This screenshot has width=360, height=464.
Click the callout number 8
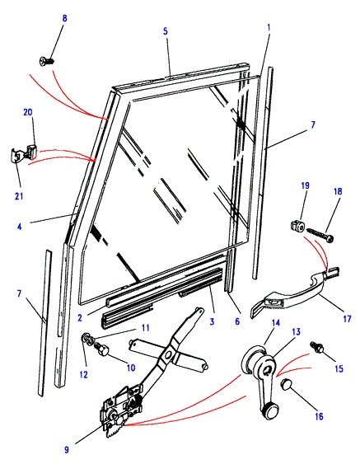(64, 18)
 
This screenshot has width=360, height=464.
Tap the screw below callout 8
(47, 61)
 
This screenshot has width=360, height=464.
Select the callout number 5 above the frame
(166, 31)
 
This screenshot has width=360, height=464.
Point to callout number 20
(28, 112)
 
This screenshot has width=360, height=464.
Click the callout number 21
(19, 196)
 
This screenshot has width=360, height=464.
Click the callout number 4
(20, 227)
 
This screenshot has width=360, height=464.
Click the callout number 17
(347, 318)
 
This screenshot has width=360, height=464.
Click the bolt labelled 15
(317, 347)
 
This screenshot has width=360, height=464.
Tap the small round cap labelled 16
(287, 384)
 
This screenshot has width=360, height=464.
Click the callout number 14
(276, 322)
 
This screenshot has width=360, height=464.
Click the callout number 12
(84, 374)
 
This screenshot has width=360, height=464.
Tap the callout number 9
(67, 450)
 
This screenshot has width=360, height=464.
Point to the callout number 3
(212, 321)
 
